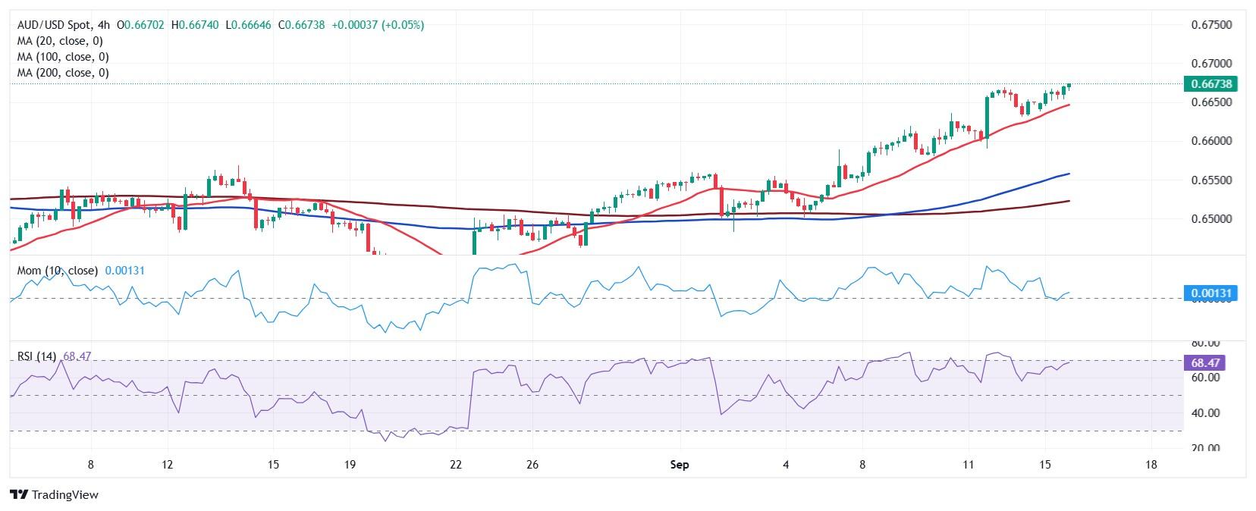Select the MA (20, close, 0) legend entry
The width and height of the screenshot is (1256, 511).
[60, 41]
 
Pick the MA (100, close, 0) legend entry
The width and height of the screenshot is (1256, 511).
[63, 57]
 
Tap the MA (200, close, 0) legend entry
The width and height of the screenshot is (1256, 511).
[63, 73]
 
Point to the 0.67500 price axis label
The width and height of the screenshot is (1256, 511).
[1210, 25]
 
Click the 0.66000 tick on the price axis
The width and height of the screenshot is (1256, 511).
[1210, 141]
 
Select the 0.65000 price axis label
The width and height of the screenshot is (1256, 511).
[1210, 219]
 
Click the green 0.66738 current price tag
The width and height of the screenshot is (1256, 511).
[1210, 83]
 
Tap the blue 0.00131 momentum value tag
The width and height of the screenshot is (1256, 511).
[1210, 293]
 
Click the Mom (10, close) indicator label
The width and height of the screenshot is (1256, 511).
[58, 271]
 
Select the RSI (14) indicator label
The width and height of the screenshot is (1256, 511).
[36, 356]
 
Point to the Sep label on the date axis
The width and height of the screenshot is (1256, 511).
[680, 465]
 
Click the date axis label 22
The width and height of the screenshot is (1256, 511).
[456, 465]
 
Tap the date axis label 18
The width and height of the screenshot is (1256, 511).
[1151, 465]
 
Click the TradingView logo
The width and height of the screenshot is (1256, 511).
[55, 494]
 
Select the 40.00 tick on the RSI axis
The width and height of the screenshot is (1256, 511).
[1204, 413]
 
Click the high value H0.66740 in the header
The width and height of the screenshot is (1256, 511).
[196, 25]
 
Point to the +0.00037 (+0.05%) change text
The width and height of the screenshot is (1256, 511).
[378, 25]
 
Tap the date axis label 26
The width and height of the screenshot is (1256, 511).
[532, 465]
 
